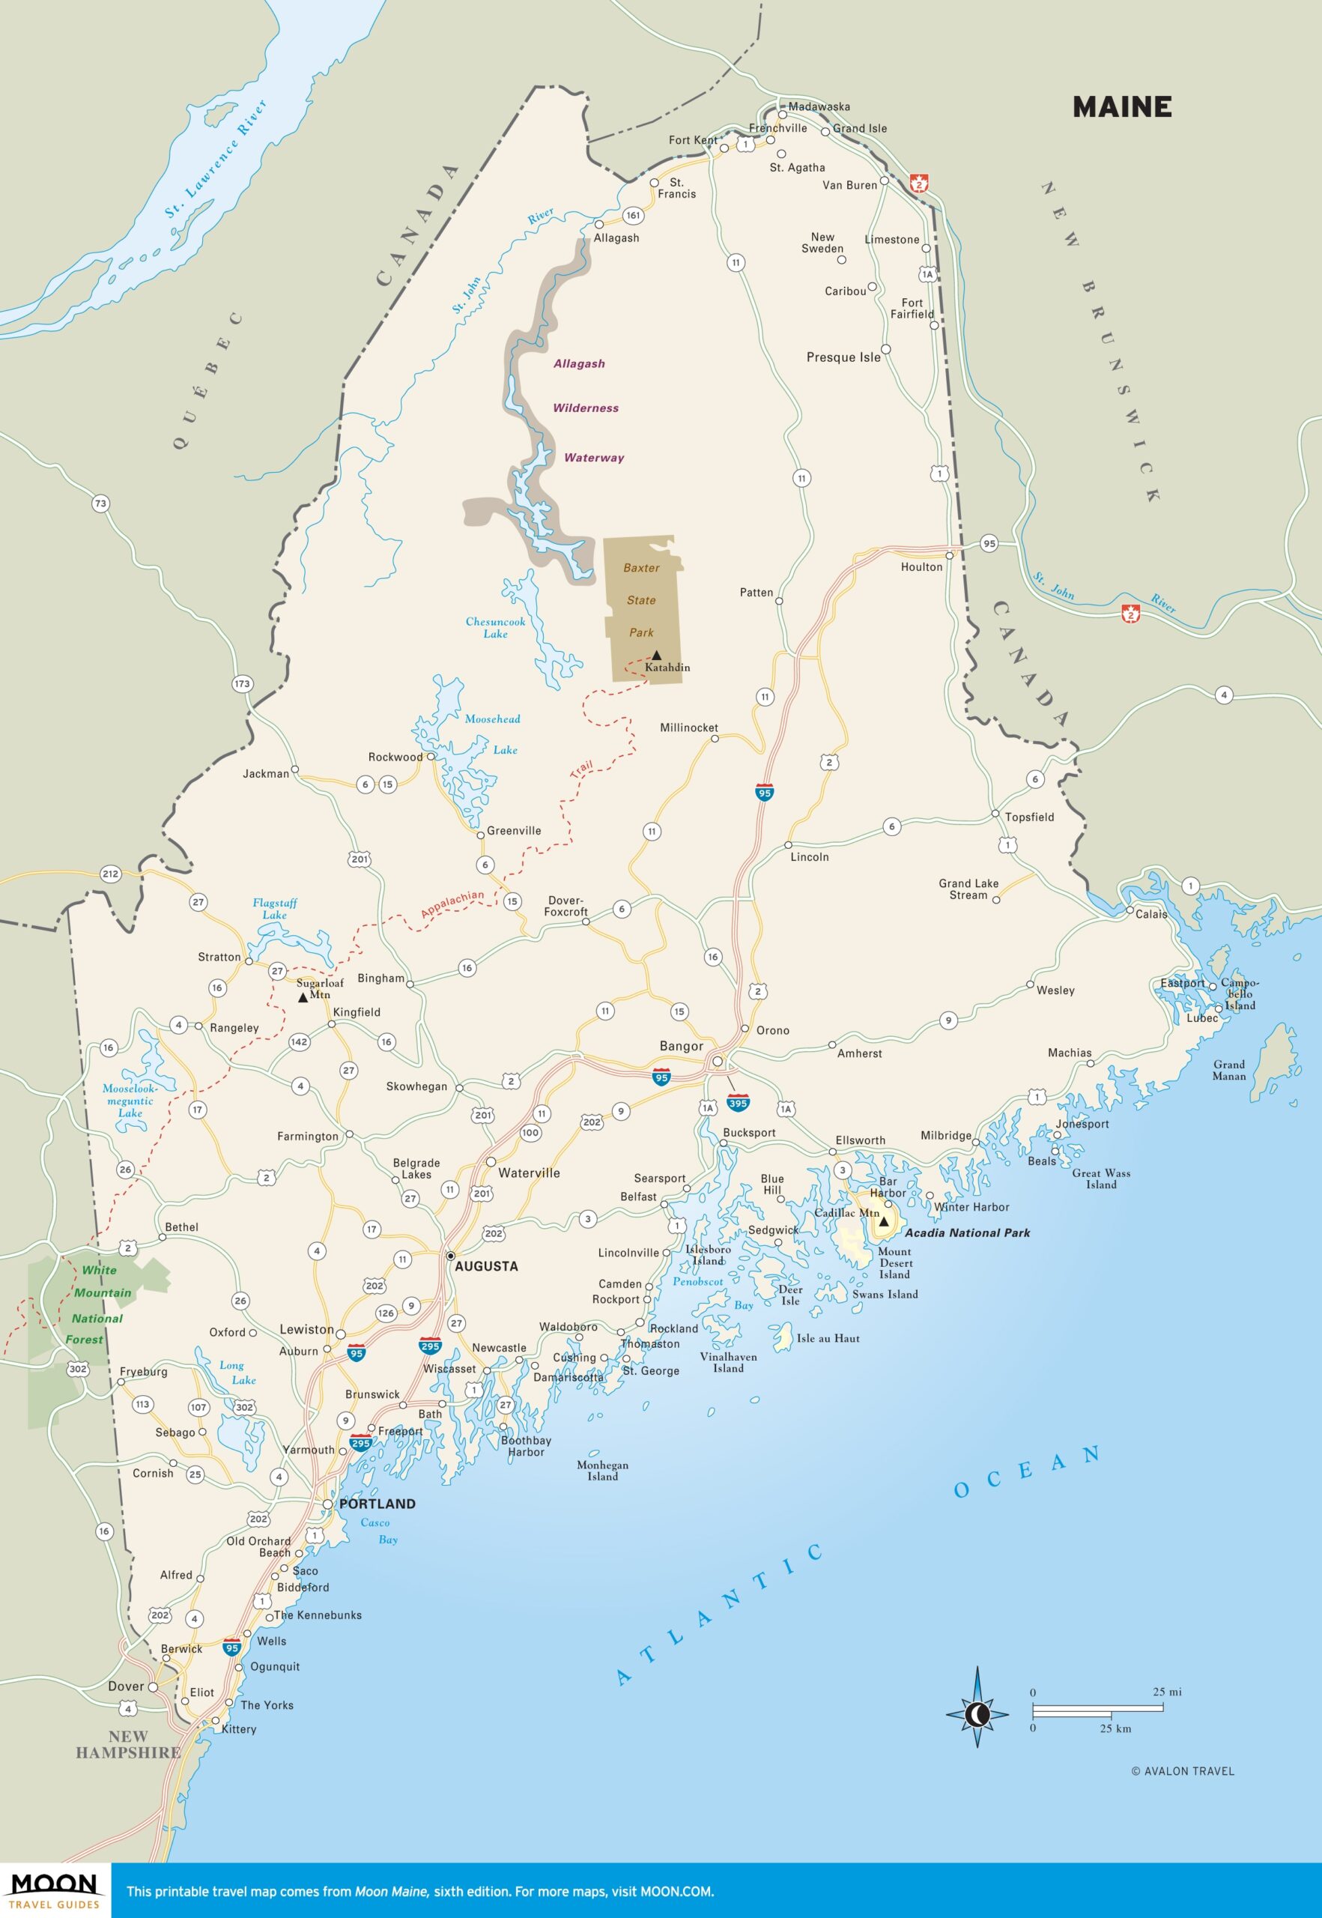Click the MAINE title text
click(1121, 107)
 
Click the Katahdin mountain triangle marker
click(656, 655)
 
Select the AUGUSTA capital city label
click(486, 1266)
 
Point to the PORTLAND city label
click(377, 1503)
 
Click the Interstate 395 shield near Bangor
click(738, 1103)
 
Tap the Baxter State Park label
click(642, 600)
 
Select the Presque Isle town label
click(843, 357)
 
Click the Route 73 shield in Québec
click(100, 503)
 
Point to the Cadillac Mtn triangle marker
click(884, 1221)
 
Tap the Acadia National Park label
click(967, 1232)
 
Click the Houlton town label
click(921, 566)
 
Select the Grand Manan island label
click(1228, 1070)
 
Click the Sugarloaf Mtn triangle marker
click(303, 997)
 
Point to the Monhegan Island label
click(602, 1471)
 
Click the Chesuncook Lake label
click(495, 627)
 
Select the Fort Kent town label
click(693, 140)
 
